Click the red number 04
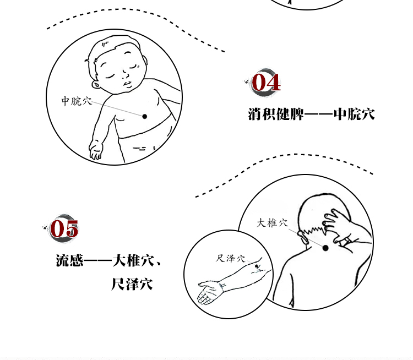pos(267,83)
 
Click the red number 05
pos(64,229)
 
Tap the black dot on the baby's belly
pos(145,116)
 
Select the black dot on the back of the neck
pos(325,248)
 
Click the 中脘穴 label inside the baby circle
pos(77,101)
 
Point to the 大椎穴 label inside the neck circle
pos(272,223)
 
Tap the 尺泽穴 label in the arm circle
pos(231,258)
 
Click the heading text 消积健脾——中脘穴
pos(311,114)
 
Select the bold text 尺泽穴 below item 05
pos(132,285)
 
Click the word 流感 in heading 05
pos(69,260)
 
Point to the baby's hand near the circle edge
pos(96,150)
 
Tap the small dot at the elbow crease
pos(257,268)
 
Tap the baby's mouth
pos(127,84)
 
